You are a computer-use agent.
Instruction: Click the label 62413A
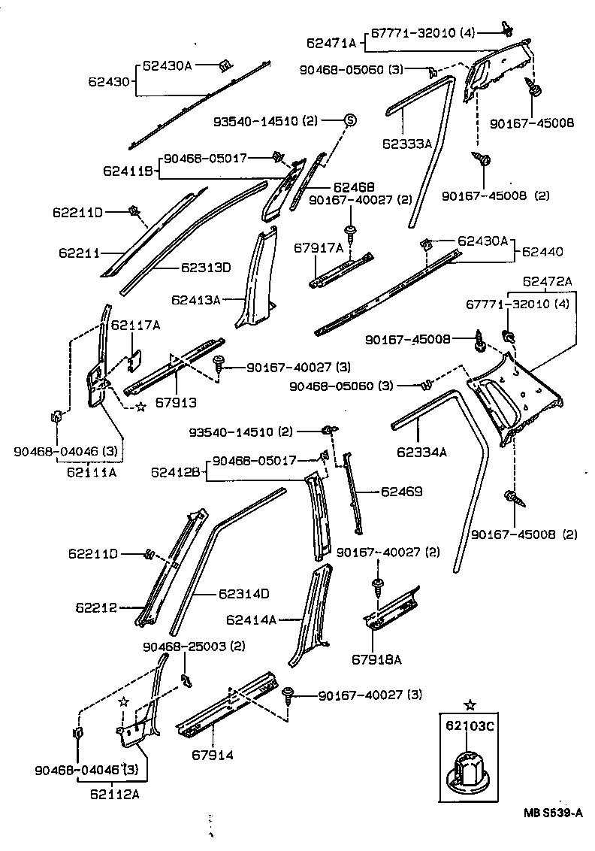(195, 300)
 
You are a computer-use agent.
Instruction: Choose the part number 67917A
(319, 247)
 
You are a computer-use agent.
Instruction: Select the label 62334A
(422, 451)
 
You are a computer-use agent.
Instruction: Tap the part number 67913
(176, 402)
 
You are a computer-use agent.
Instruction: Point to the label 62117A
(135, 325)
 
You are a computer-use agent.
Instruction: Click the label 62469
(401, 492)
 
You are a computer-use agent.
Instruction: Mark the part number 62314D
(244, 593)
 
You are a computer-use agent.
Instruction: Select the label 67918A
(376, 659)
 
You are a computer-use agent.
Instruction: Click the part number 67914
(212, 754)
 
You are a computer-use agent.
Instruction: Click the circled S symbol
(349, 120)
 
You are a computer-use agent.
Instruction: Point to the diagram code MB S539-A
(553, 813)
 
